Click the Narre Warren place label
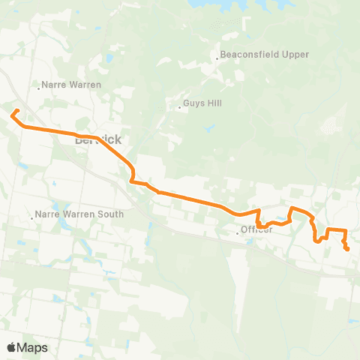[73, 85]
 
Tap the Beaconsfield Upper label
[264, 55]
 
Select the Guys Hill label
[202, 104]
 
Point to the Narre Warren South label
[80, 214]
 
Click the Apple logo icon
[12, 347]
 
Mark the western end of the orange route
[12, 115]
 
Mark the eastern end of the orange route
[347, 248]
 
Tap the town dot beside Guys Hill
[180, 107]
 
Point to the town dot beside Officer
[238, 233]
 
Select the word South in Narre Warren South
[110, 214]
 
